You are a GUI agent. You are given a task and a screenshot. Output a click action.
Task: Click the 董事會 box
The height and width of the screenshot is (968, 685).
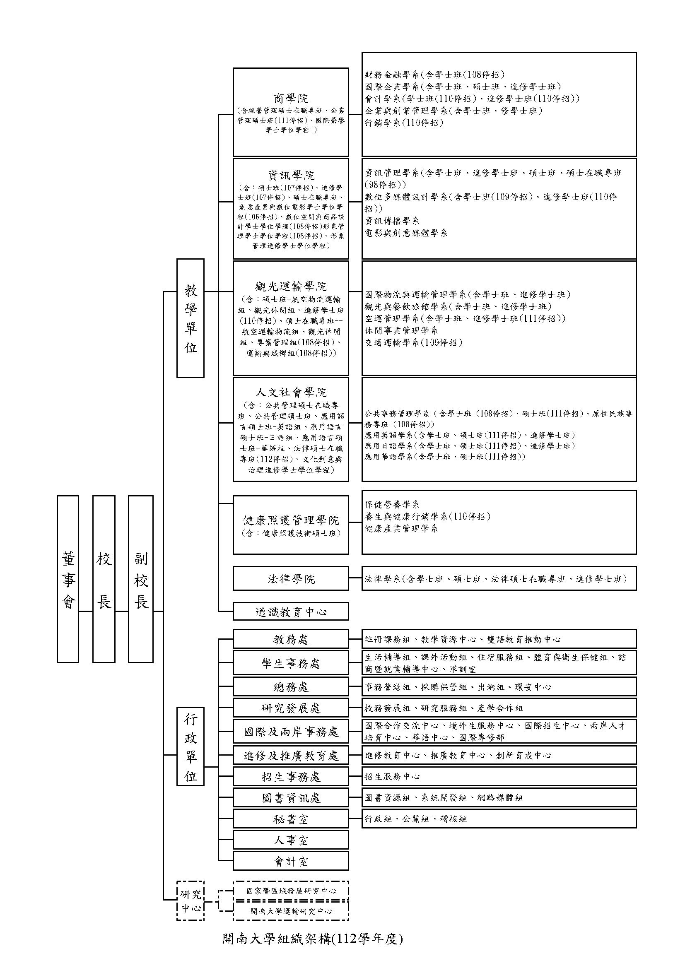68,579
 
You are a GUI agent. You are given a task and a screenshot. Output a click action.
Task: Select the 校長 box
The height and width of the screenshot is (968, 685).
104,579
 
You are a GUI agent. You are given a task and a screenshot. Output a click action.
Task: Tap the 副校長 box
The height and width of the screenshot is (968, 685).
140,579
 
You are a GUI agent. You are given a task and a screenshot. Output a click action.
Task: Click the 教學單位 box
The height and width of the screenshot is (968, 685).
190,318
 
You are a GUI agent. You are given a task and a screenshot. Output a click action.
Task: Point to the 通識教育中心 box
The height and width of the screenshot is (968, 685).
291,612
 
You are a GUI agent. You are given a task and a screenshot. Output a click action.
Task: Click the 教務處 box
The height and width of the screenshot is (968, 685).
291,639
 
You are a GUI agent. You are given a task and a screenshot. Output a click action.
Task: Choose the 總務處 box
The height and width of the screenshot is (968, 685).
291,687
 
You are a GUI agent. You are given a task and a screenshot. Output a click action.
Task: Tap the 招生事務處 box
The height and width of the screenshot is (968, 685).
291,777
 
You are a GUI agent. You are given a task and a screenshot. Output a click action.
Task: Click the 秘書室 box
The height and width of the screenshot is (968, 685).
291,819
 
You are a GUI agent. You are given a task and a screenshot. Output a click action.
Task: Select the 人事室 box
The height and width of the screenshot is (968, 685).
291,840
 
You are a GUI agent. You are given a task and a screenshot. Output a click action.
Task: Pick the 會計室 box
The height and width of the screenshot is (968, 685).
291,861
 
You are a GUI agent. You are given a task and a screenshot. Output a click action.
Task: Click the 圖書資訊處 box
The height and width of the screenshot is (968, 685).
291,798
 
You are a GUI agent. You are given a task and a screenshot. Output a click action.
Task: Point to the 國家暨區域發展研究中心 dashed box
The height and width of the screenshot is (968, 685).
291,891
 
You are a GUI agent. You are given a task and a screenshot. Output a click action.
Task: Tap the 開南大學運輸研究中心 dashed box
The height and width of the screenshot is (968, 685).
291,911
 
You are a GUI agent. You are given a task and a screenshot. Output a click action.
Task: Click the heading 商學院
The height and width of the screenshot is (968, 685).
291,99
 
